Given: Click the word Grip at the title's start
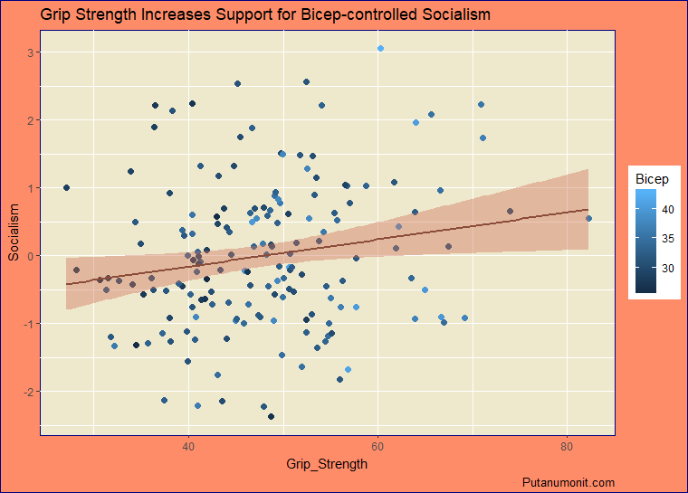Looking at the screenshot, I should pyautogui.click(x=56, y=15).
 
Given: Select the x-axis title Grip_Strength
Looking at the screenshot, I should pyautogui.click(x=327, y=464).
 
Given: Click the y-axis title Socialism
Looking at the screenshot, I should pyautogui.click(x=14, y=232).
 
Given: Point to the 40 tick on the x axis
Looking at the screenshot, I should pyautogui.click(x=188, y=447).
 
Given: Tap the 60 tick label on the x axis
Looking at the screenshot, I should pyautogui.click(x=377, y=447).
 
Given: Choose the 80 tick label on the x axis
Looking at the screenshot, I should pyautogui.click(x=567, y=447).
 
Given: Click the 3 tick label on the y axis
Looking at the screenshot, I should pyautogui.click(x=30, y=52).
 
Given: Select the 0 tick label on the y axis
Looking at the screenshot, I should pyautogui.click(x=30, y=256).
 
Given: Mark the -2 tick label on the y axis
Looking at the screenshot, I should pyautogui.click(x=28, y=392).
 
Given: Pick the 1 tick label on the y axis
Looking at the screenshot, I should pyautogui.click(x=30, y=188).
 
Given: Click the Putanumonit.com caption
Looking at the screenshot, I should pyautogui.click(x=569, y=483).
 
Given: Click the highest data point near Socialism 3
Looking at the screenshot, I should pyautogui.click(x=380, y=48).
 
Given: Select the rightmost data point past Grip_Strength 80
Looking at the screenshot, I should pyautogui.click(x=588, y=218).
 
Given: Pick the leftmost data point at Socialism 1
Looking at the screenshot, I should pyautogui.click(x=66, y=187).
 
